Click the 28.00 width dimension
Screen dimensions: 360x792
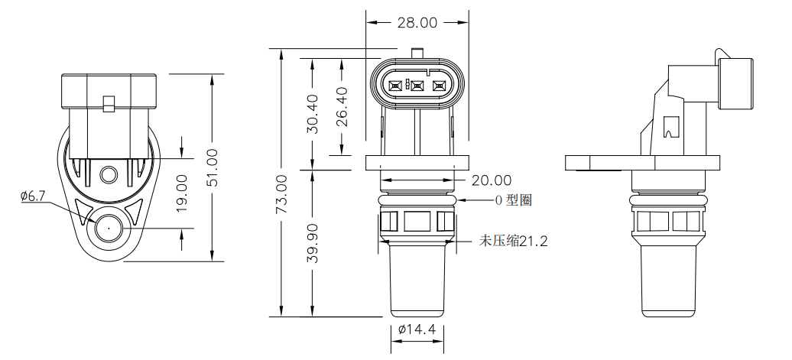pos(417,23)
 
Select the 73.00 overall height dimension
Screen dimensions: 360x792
pos(281,193)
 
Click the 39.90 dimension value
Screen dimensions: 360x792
pos(312,244)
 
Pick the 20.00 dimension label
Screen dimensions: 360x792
pos(491,180)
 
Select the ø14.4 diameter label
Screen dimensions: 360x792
pos(417,329)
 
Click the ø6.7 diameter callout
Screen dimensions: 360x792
pos(33,196)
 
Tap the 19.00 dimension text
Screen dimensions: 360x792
pos(182,193)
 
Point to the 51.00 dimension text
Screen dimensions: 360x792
pos(213,167)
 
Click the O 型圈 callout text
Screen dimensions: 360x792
pos(514,200)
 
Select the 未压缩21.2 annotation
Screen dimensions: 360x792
pos(513,241)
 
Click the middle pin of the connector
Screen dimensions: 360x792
pos(417,86)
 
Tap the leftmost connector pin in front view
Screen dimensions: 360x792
pos(395,86)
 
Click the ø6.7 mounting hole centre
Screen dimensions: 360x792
pos(108,227)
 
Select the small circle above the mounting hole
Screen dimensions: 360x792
pos(109,176)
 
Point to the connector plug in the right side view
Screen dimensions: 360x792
pos(735,83)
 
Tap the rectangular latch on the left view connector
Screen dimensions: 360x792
pos(109,103)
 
